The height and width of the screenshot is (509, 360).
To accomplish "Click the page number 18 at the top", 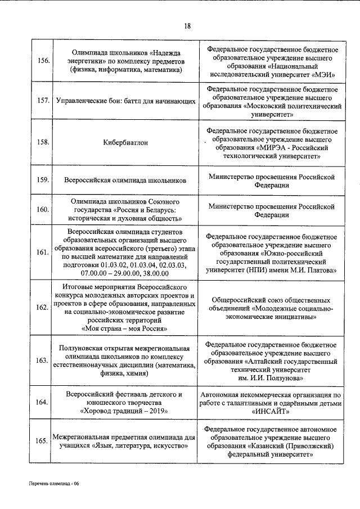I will click(187, 26).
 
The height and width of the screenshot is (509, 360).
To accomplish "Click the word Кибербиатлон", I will click(125, 142).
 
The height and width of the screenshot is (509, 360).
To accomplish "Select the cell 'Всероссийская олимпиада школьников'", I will click(125, 181).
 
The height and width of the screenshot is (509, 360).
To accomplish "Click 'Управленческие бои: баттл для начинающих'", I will click(125, 102).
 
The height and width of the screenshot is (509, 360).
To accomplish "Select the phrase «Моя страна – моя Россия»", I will click(124, 328).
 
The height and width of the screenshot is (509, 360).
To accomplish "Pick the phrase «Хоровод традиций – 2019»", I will click(124, 411).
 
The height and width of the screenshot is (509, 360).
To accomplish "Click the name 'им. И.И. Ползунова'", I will click(272, 380).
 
